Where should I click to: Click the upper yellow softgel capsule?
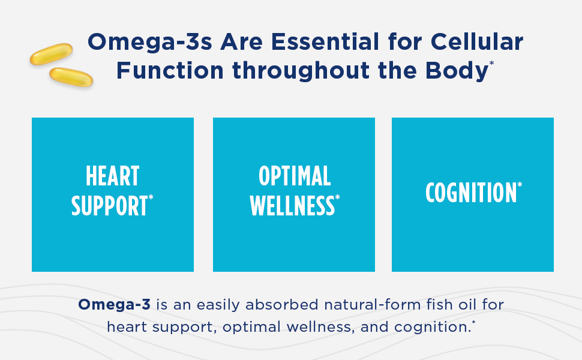[51, 54]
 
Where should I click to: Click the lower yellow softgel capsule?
[71, 77]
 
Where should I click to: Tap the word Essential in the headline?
[325, 41]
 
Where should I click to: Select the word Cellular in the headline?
[477, 41]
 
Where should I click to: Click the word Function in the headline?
[170, 70]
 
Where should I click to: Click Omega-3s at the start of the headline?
[150, 41]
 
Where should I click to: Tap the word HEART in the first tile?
[112, 176]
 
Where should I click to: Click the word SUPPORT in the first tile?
[109, 206]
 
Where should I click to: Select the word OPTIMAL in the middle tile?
[295, 176]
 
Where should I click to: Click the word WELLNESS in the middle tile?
[292, 206]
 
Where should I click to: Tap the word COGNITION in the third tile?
[471, 192]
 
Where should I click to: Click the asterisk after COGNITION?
[520, 184]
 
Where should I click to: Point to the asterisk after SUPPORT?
[151, 197]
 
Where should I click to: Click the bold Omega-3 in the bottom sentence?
[115, 304]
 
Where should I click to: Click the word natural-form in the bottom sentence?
[372, 304]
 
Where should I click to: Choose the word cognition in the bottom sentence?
[433, 328]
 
